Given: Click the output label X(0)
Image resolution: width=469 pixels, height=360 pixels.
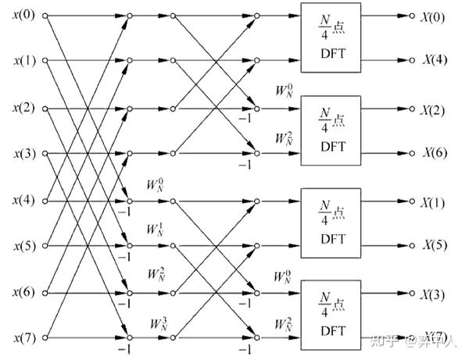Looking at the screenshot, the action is pyautogui.click(x=434, y=15).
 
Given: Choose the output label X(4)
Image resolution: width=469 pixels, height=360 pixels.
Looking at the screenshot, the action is pyautogui.click(x=434, y=60).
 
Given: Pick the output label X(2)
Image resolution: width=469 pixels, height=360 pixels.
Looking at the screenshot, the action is pyautogui.click(x=434, y=108).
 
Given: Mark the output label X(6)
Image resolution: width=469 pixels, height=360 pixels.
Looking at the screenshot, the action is pyautogui.click(x=434, y=153).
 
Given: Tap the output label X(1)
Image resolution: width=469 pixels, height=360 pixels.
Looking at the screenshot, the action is pyautogui.click(x=434, y=201).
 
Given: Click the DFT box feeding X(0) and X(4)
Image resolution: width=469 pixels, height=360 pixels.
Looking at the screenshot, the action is pyautogui.click(x=330, y=37).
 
